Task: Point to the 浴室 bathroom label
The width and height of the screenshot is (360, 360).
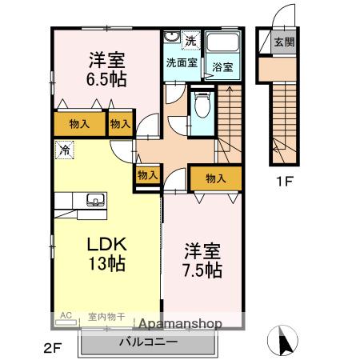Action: click(x=222, y=68)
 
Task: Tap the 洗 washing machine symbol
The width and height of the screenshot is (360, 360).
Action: click(x=190, y=40)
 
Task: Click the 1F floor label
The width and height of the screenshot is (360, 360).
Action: click(x=285, y=182)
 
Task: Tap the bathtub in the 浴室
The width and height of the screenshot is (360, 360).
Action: click(x=222, y=44)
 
